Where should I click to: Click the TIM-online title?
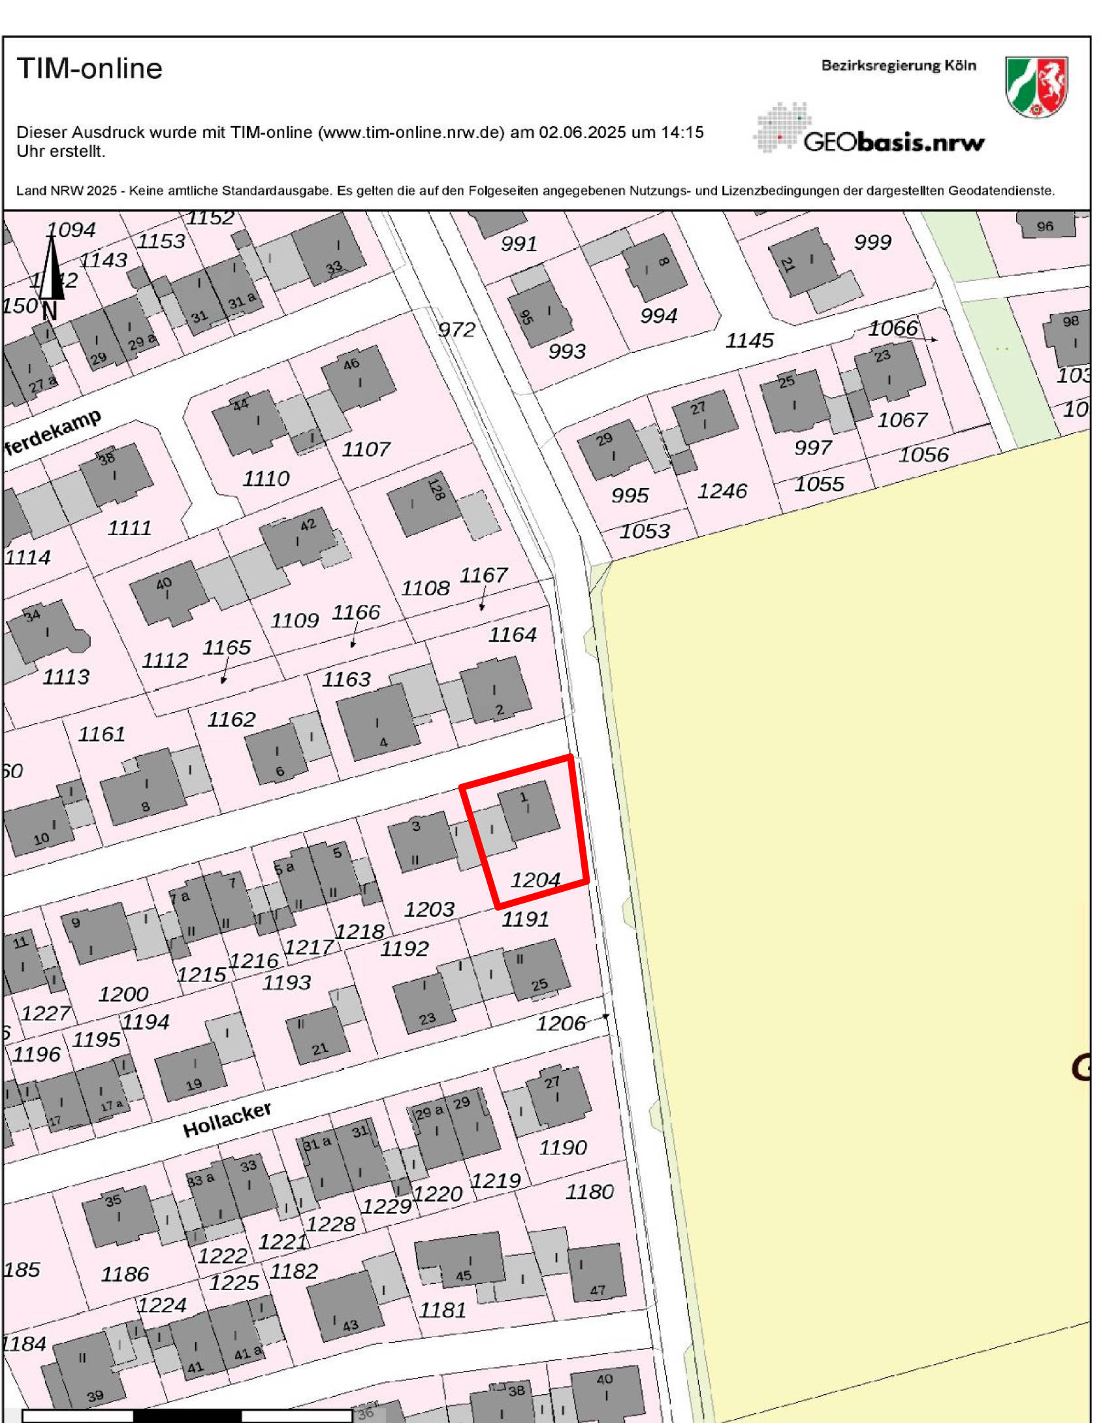point(90,68)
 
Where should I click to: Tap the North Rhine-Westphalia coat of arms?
point(1036,87)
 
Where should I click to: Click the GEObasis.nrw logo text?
point(893,142)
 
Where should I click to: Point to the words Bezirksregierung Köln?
point(899,65)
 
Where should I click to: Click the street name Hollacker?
point(227,1119)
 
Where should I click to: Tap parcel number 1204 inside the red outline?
point(536,880)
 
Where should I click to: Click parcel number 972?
point(456,329)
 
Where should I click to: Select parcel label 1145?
point(750,340)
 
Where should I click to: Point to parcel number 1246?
point(722,491)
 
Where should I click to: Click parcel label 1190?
point(563,1147)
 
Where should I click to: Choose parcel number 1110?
point(266,478)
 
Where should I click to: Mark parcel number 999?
point(872,242)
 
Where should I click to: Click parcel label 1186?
point(125,1273)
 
